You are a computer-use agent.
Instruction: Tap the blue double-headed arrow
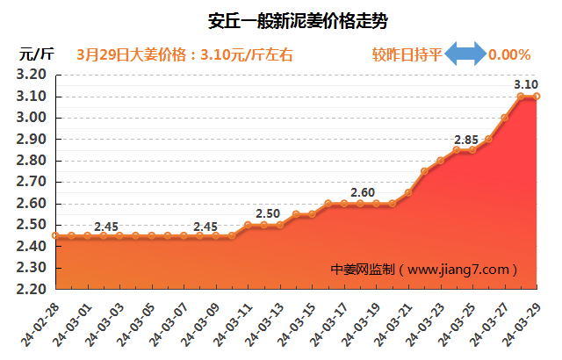point(465,54)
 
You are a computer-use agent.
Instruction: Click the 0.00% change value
point(509,54)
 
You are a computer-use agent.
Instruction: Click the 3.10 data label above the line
point(526,83)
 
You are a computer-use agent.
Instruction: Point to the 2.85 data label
point(466,140)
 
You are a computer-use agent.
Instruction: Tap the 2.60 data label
point(363,192)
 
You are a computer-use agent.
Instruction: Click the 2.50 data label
point(268,214)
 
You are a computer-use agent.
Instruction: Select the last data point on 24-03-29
point(537,97)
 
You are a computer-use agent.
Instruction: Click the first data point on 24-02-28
point(55,235)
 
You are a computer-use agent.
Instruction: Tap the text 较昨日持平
point(406,54)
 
